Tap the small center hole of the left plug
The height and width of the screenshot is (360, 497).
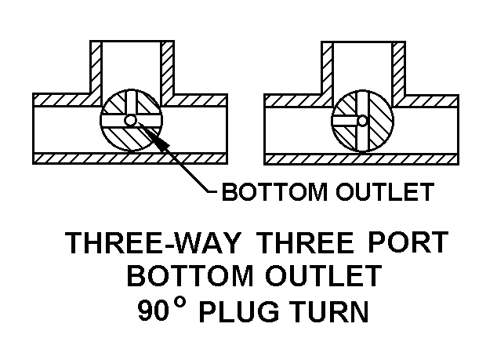(x=130, y=120)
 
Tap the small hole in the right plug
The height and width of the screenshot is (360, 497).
(x=363, y=120)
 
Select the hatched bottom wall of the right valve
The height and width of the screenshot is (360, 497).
(x=361, y=158)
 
